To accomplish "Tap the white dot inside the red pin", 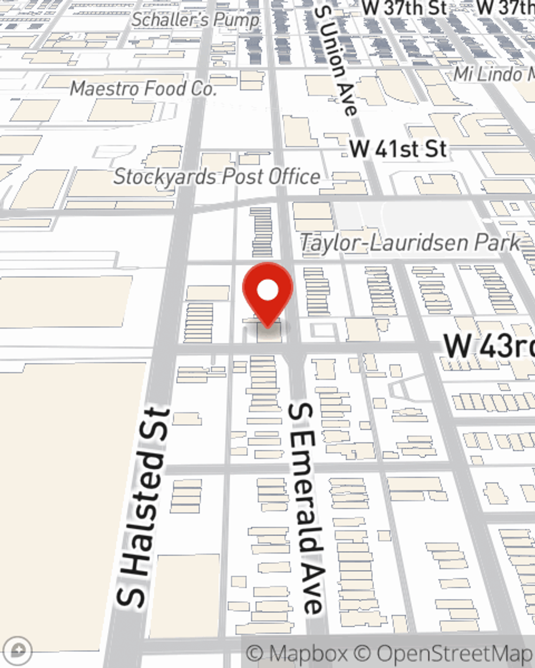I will (267, 290).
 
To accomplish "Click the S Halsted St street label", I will (143, 508).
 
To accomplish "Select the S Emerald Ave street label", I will (307, 508).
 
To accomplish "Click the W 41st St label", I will (398, 149).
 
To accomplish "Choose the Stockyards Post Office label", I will (217, 177).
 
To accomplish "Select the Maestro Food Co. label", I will (143, 88).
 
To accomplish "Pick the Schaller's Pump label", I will (195, 20).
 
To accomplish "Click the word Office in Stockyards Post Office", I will (294, 177).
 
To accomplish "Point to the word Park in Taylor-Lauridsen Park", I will (496, 243).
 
